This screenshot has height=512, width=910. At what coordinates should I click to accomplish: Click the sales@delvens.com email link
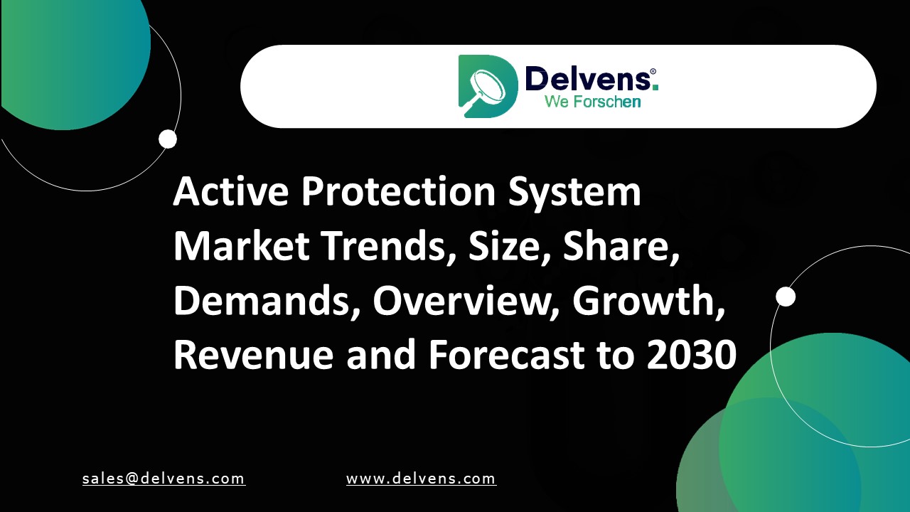tap(164, 479)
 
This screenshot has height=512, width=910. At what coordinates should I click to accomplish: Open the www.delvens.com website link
tap(421, 479)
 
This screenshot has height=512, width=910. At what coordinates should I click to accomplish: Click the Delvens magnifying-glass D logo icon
tap(487, 86)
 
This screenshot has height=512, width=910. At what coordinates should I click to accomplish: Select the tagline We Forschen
tap(592, 102)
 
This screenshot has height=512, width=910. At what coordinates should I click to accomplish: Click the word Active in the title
tap(230, 191)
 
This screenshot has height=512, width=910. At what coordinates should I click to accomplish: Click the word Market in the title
tap(241, 246)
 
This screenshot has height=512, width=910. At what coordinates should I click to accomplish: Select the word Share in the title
tap(617, 246)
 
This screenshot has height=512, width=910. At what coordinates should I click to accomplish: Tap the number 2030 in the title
tap(691, 356)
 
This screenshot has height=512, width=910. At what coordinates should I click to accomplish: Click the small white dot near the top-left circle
tap(168, 139)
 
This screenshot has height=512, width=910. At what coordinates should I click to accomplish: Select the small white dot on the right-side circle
tap(786, 297)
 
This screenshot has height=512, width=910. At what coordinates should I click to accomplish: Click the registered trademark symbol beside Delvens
tap(653, 72)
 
